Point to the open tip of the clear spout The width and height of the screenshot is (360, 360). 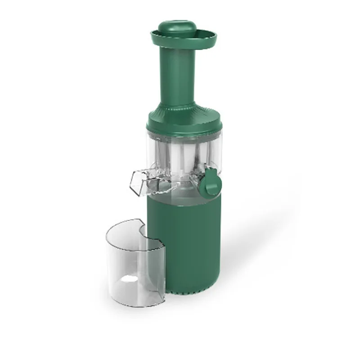tap(134, 182)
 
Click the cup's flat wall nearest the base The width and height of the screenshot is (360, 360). tap(155, 265)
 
